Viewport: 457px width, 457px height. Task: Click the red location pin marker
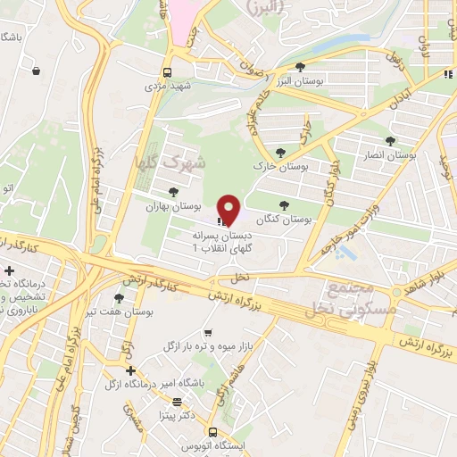(x=229, y=211)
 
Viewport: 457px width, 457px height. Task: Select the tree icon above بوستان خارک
(x=281, y=153)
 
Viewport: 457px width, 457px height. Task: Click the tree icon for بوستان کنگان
(x=285, y=204)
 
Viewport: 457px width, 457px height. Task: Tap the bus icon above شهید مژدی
(x=167, y=72)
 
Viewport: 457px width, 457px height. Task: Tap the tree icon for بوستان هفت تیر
(x=120, y=299)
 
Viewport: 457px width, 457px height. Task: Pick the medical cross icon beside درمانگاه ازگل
(x=131, y=370)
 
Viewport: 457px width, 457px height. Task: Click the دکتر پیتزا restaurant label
(x=177, y=416)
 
